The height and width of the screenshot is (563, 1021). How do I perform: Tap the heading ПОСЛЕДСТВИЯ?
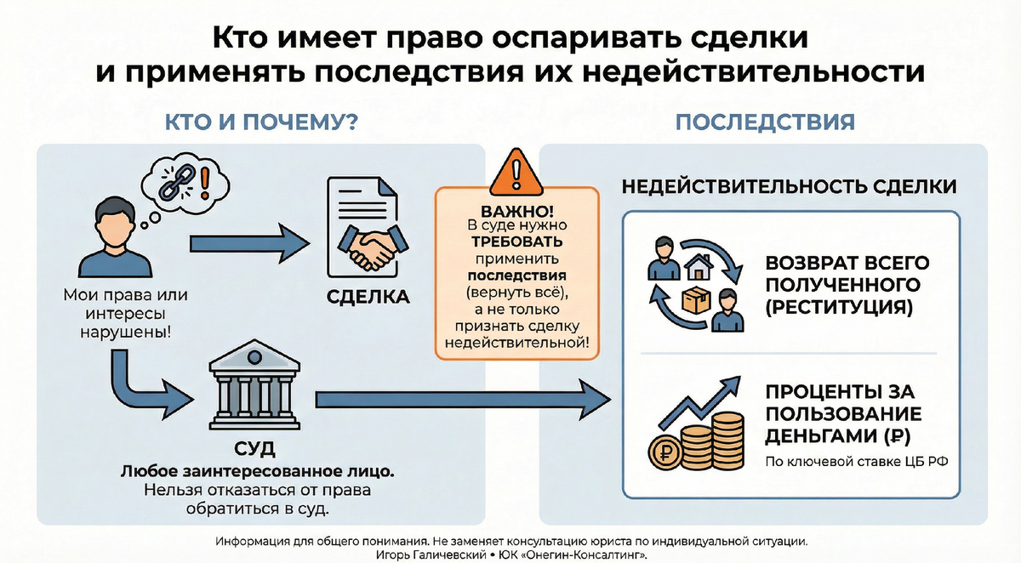click(765, 122)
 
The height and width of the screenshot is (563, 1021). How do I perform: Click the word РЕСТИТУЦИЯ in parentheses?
click(838, 307)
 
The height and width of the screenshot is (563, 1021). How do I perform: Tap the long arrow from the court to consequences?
click(464, 397)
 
